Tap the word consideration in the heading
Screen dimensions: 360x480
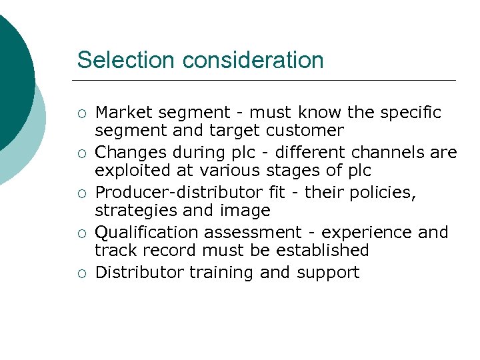pyautogui.click(x=253, y=60)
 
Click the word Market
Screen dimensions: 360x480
pyautogui.click(x=123, y=113)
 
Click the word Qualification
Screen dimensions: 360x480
pyautogui.click(x=147, y=233)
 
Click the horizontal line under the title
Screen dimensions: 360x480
pyautogui.click(x=267, y=80)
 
